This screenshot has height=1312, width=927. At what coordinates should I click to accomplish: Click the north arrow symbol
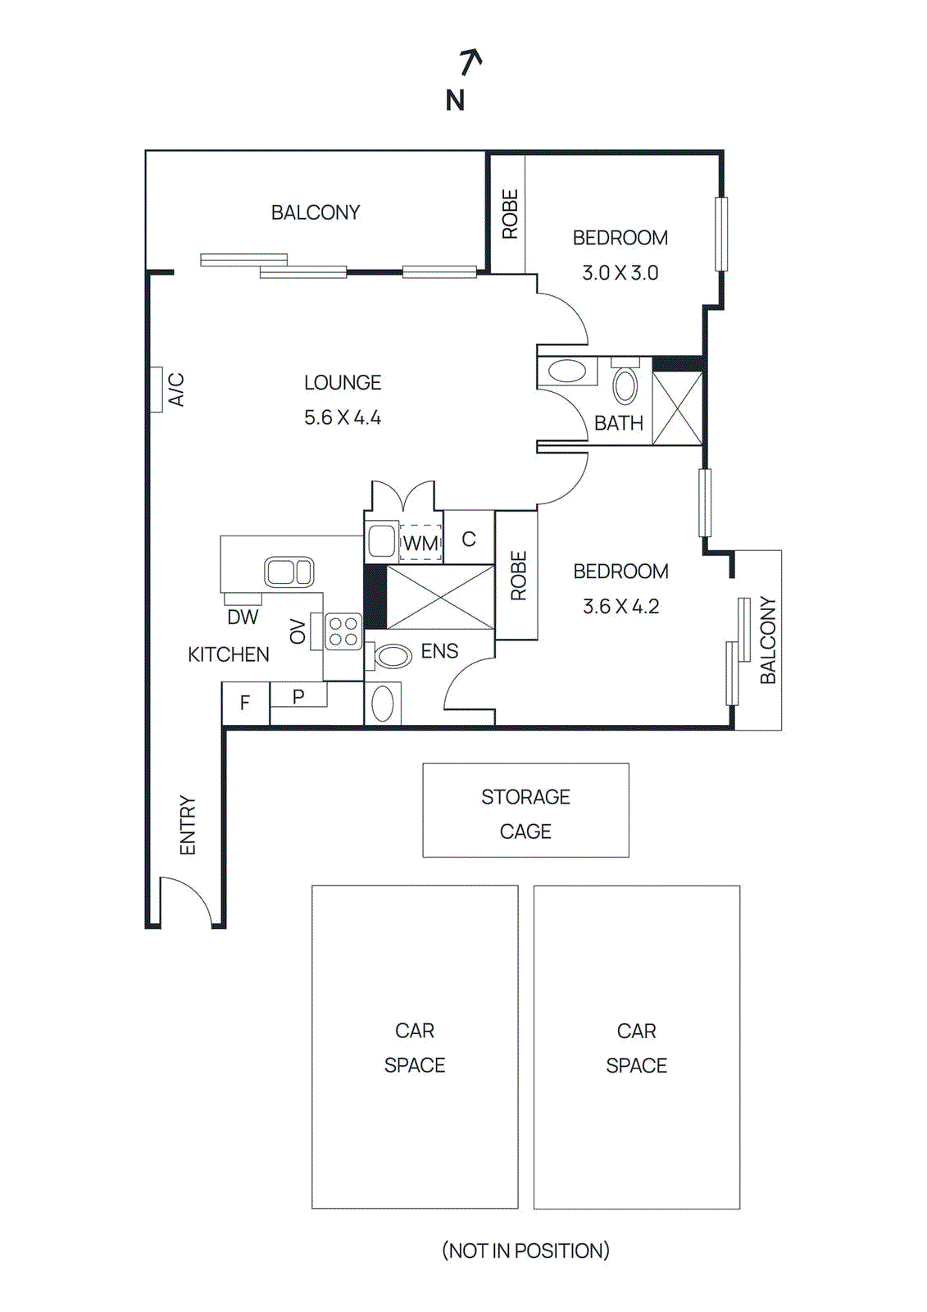[470, 62]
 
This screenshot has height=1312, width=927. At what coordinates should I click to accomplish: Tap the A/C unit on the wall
[157, 389]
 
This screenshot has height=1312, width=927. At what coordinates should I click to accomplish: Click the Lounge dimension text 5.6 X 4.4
[343, 417]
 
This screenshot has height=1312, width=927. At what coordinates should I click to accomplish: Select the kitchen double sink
[289, 572]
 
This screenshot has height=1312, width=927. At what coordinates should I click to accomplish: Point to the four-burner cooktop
[343, 631]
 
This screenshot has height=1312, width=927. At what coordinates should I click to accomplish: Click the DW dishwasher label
[243, 617]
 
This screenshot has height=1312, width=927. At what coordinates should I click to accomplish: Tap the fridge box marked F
[245, 703]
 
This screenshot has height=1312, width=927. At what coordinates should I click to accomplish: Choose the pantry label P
[298, 696]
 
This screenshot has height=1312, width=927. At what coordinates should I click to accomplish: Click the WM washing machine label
[420, 544]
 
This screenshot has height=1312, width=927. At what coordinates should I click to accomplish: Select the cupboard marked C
[469, 537]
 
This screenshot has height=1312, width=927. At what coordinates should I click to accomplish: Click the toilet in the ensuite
[389, 657]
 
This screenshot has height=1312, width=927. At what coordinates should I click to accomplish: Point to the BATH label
[618, 423]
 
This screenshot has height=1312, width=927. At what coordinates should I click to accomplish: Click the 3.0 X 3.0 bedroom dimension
[620, 273]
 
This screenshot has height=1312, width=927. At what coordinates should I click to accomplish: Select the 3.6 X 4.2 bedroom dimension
[620, 606]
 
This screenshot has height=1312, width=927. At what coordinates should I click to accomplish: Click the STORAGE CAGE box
[526, 810]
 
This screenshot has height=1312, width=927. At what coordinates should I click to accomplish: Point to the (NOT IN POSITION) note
[525, 1250]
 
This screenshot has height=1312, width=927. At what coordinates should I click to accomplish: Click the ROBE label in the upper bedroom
[511, 214]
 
